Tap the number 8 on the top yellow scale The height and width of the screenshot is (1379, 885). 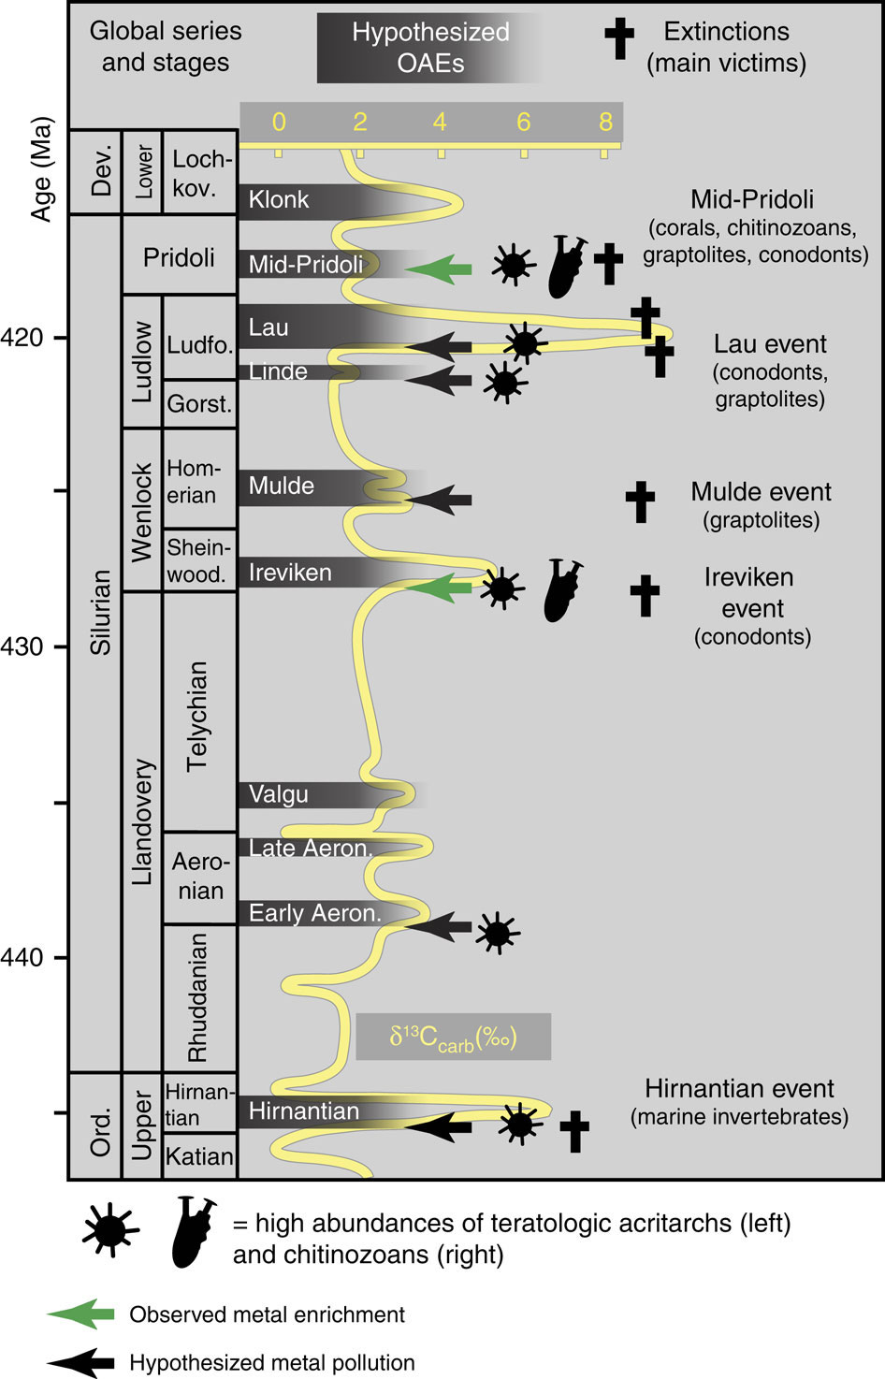(x=605, y=122)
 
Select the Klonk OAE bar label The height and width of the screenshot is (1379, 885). (x=279, y=199)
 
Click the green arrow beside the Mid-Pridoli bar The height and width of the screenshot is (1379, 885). (x=439, y=269)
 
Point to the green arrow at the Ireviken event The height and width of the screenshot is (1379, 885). (x=440, y=588)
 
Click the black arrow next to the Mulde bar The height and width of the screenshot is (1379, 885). (x=440, y=501)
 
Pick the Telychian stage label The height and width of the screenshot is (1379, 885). (x=197, y=716)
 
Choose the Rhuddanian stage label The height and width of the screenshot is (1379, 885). (x=197, y=997)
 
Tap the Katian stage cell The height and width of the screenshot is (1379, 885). (x=198, y=1156)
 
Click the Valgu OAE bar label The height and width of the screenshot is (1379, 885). (x=279, y=795)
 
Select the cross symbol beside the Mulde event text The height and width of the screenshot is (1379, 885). (x=641, y=501)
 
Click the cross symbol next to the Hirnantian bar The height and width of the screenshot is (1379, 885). (x=574, y=1131)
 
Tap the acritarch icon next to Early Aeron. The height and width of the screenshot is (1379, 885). (x=497, y=932)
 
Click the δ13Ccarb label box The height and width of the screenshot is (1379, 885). (x=454, y=1037)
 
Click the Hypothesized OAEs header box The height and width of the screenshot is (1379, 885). (x=430, y=48)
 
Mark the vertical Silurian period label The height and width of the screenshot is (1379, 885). (x=101, y=613)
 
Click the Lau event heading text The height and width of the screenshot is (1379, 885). (x=770, y=344)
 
